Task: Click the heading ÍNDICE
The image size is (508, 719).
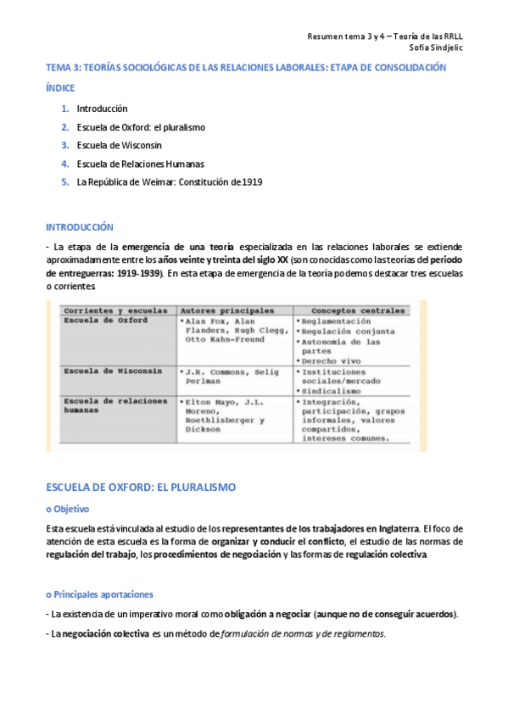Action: (60, 88)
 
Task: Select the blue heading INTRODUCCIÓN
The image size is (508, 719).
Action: (79, 227)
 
